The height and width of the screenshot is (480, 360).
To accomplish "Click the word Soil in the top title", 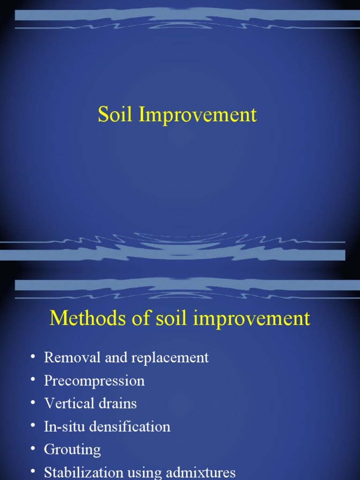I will tap(115, 115).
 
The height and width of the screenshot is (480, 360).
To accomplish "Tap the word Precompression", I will tap(94, 381).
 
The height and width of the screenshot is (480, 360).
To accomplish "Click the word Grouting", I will tap(72, 450).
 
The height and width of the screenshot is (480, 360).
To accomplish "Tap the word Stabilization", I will tap(83, 472).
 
